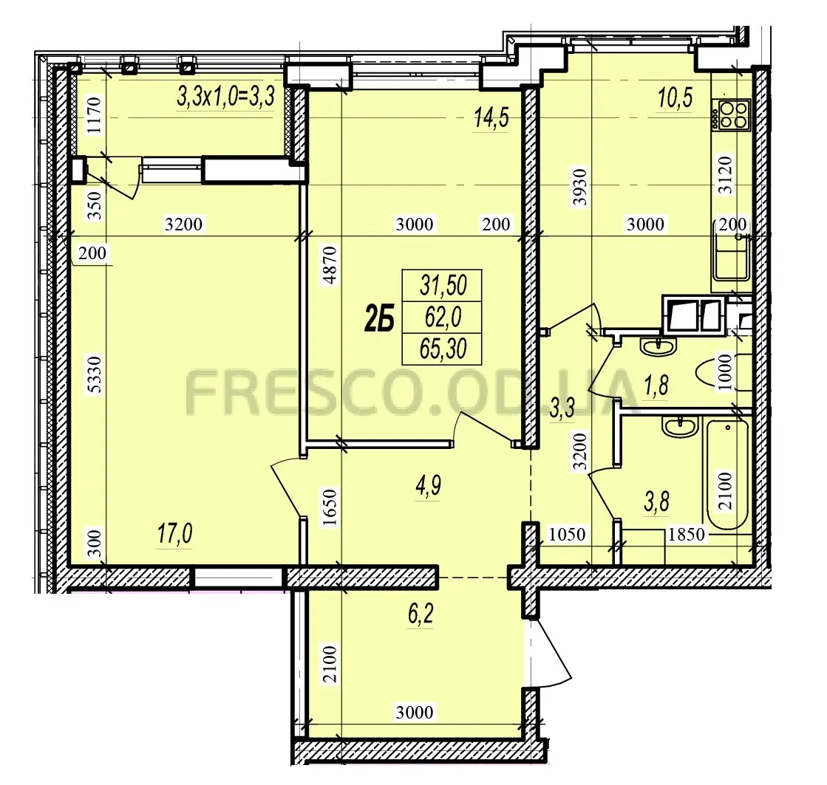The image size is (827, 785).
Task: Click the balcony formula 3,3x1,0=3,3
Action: [x=225, y=97]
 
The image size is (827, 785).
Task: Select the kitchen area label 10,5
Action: [x=675, y=98]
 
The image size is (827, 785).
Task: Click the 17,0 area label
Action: [x=174, y=533]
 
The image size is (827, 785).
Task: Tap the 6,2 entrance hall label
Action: [x=421, y=614]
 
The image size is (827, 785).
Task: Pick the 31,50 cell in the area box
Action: [x=443, y=285]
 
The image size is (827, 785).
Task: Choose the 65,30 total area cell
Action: [x=443, y=349]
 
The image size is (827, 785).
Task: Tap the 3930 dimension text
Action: [x=580, y=187]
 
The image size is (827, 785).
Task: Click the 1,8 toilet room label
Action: [x=656, y=385]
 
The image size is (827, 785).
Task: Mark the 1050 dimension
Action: [x=568, y=534]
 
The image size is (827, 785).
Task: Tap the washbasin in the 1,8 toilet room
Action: [x=658, y=346]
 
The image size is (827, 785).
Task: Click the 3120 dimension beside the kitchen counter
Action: [x=726, y=175]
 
